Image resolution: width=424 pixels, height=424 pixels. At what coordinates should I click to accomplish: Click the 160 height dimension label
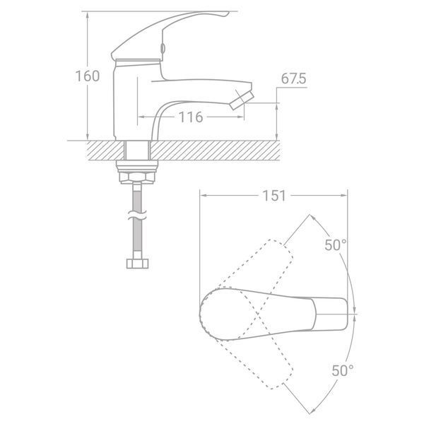[x=87, y=76]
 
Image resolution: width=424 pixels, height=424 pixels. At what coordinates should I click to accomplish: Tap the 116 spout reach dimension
[x=191, y=117]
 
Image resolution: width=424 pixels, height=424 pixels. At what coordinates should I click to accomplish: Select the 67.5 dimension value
[x=293, y=78]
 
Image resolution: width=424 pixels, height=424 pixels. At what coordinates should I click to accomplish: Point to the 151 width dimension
[x=274, y=196]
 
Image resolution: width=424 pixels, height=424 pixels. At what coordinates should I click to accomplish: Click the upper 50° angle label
[x=335, y=245]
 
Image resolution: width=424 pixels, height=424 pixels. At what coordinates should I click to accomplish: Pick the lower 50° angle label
[x=343, y=370]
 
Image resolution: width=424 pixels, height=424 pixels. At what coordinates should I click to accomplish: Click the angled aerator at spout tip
[x=242, y=100]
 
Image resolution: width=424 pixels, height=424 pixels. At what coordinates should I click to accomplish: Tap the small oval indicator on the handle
[x=163, y=48]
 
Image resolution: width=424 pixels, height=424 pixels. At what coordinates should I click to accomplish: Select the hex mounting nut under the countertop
[x=137, y=177]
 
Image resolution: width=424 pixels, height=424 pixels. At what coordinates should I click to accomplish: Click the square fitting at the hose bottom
[x=137, y=264]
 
